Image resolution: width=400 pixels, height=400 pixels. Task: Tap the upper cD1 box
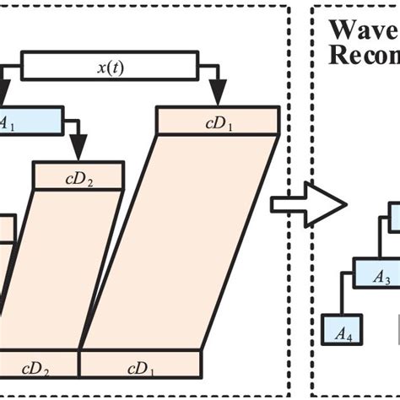pos(218,121)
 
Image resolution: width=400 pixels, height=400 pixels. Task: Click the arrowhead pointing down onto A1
pos(7,97)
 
